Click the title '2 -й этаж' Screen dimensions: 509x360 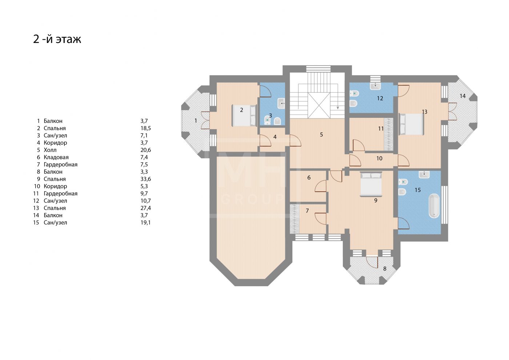coord(57,39)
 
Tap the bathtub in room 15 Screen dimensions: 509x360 coord(434,206)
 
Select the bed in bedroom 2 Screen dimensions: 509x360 coord(244,116)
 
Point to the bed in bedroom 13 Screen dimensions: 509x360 coord(412,124)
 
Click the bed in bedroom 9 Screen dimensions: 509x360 coord(371,184)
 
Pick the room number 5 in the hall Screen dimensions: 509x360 coord(321,135)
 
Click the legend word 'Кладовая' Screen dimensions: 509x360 coord(56,157)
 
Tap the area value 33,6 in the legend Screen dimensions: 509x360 coord(146,179)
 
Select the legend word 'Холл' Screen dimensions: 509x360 coord(50,150)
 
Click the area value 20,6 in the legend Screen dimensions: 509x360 coord(146,150)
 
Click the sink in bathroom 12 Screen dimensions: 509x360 coord(375,86)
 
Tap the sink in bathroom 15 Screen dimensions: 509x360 coord(424,175)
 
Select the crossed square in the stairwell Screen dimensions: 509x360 coord(319,105)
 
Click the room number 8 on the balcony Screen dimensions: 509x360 coord(385,269)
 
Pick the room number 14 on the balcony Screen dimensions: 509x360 coord(462,96)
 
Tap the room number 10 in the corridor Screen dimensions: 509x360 coord(379,159)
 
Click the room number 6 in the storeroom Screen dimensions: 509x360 coord(309,177)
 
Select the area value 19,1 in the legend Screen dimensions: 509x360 coord(146,223)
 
